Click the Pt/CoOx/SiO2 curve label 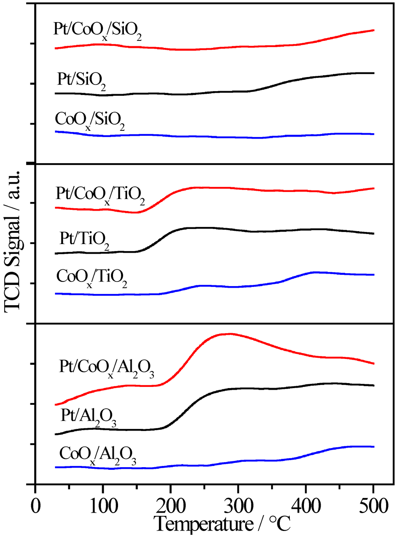97,31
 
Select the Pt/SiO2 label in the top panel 81,80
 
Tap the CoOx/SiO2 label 90,120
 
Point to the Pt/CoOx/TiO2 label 100,195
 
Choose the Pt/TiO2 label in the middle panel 84,239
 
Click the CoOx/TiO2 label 92,278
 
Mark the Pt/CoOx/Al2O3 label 106,368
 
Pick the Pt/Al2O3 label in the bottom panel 88,417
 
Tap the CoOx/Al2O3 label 97,455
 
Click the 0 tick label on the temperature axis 35,506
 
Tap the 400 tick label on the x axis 306,506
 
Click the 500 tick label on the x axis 373,506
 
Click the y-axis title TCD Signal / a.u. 12,241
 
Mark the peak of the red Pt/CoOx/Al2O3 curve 229,334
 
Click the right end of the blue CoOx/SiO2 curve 374,134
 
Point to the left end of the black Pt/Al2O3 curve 56,434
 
